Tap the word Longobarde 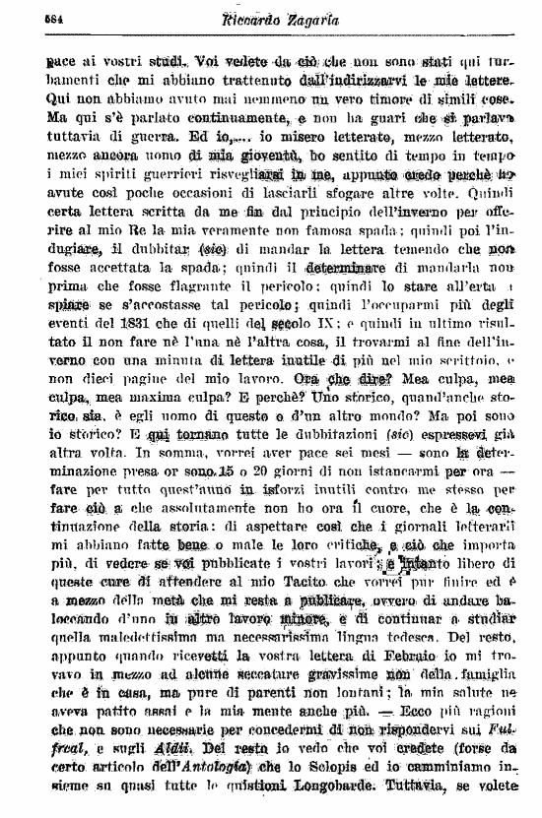pyautogui.click(x=391, y=785)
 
